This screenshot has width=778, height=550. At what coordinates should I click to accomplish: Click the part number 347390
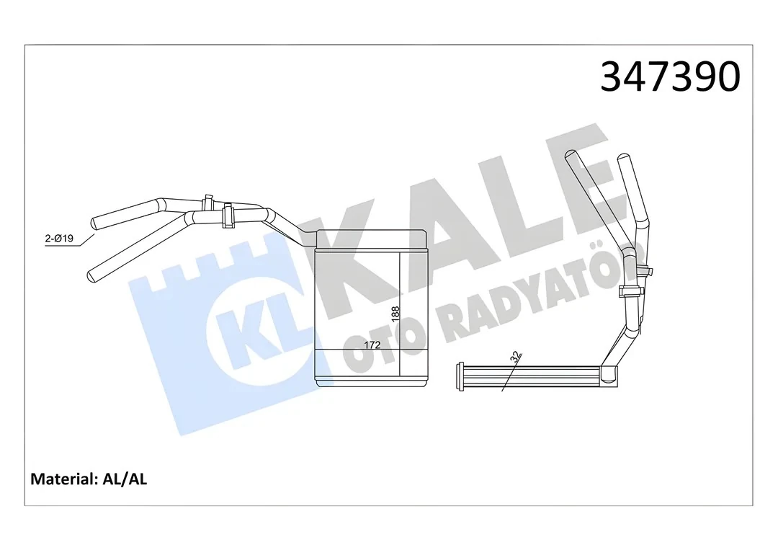click(x=670, y=77)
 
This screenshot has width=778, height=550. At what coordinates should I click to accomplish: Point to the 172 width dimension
click(x=372, y=345)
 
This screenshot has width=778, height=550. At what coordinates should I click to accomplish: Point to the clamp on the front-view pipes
click(x=228, y=215)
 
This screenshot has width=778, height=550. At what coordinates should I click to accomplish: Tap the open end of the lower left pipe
click(x=91, y=275)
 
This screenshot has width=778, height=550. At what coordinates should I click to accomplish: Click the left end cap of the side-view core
click(x=461, y=377)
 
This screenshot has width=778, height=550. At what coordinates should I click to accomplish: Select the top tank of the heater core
click(x=370, y=240)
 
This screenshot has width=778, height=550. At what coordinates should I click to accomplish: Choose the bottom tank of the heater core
click(x=370, y=381)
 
